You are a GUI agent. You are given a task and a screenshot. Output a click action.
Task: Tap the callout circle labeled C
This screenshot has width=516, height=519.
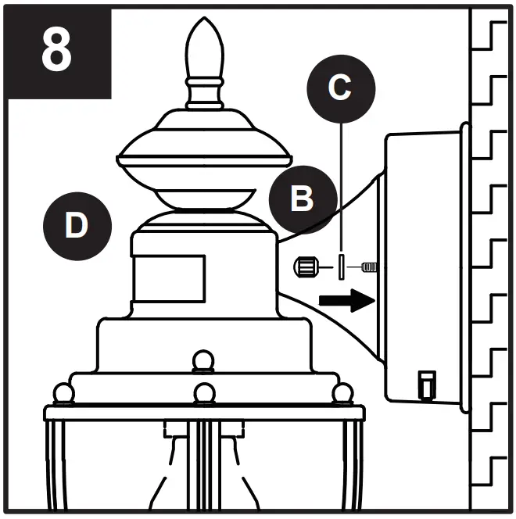coord(339,88)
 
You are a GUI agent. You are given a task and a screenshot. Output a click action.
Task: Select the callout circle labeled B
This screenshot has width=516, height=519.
coord(303,199)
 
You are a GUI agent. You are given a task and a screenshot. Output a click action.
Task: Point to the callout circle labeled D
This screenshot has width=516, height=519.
coord(76,226)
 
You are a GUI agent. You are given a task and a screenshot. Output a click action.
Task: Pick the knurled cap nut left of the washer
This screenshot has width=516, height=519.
coord(306,268)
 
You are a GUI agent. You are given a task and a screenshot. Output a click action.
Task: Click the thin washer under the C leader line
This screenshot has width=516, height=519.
coord(342,267)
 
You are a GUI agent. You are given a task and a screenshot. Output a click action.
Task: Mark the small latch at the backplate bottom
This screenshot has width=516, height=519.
coord(425,384)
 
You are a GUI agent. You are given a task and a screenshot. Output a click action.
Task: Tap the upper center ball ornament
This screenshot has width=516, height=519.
coord(204,361)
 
